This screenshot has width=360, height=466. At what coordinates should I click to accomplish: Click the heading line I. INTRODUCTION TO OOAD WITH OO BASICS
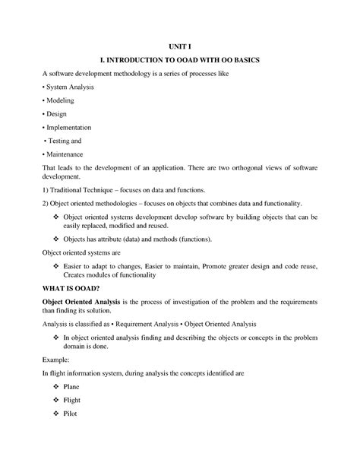point(180,59)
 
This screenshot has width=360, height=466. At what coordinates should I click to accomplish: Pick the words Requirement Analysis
point(148,325)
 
